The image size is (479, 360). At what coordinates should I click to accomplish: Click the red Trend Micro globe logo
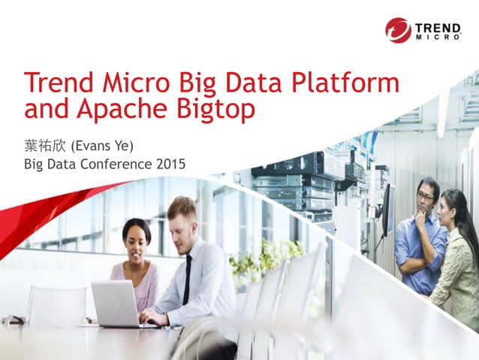(x=398, y=30)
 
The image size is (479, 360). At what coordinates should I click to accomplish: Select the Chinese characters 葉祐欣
(x=46, y=144)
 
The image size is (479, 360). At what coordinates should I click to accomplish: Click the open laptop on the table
(x=115, y=304)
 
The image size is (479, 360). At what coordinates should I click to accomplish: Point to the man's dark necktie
(x=187, y=280)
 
